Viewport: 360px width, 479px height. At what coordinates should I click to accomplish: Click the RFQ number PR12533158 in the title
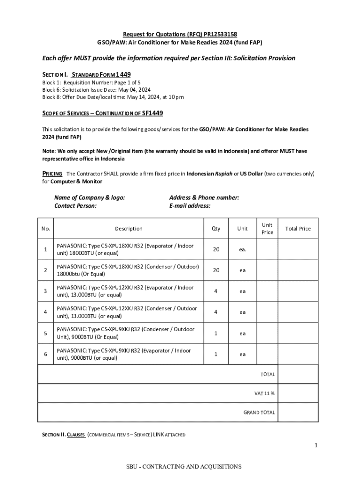point(220,34)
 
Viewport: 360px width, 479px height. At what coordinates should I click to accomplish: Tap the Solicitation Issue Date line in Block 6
point(96,89)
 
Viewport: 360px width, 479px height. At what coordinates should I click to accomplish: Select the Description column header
point(129,229)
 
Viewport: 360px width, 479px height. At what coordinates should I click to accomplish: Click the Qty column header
point(216,229)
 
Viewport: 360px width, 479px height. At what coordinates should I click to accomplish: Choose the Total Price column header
point(298,229)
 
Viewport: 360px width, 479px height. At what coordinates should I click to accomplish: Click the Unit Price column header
point(267,229)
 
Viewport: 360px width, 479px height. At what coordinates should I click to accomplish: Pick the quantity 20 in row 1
point(216,249)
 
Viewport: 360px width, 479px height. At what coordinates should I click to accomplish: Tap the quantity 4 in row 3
point(216,291)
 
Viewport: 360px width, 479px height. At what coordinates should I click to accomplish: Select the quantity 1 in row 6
point(216,354)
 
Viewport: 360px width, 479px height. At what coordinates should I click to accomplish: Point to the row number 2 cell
point(45,270)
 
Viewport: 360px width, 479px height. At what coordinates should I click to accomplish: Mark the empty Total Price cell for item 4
point(298,312)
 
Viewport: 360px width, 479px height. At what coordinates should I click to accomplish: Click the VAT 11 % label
point(264,393)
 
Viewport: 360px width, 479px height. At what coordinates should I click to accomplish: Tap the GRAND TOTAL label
point(259,413)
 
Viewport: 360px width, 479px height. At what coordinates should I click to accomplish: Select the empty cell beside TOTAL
point(298,374)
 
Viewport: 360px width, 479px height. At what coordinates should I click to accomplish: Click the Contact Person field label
point(75,205)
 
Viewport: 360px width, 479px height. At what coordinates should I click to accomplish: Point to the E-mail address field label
point(189,205)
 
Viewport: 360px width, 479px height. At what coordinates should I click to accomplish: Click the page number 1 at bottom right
point(316,445)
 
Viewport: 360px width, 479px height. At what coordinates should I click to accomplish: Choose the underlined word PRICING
point(52,174)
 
